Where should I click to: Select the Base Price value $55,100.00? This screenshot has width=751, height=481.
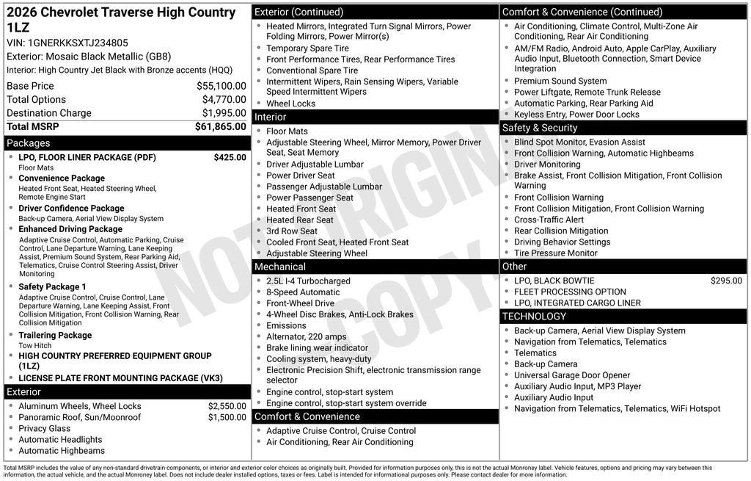[x=221, y=86]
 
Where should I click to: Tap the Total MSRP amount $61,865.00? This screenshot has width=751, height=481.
[x=220, y=126]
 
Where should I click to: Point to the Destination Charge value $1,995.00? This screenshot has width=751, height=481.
[x=224, y=113]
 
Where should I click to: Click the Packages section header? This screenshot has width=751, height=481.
[x=29, y=143]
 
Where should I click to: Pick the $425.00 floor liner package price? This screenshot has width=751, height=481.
[x=230, y=157]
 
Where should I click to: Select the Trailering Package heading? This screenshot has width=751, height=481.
[x=55, y=336]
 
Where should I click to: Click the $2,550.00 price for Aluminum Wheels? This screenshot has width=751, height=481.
[x=227, y=406]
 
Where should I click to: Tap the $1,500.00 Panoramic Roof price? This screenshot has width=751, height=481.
[x=227, y=417]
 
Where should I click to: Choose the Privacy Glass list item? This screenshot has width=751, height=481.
[x=45, y=428]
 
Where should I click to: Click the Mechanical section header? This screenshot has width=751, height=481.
[x=280, y=267]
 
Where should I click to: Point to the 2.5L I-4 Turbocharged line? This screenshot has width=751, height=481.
[x=308, y=281]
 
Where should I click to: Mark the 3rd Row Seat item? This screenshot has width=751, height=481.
[x=292, y=231]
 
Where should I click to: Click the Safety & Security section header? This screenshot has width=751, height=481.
[x=540, y=128]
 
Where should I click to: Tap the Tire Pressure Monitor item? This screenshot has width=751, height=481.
[x=555, y=253]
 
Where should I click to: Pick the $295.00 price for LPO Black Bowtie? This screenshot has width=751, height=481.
[x=726, y=281]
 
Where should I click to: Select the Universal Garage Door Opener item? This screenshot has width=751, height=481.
[x=572, y=375]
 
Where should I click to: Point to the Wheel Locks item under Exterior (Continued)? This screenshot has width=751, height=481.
[x=290, y=104]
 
